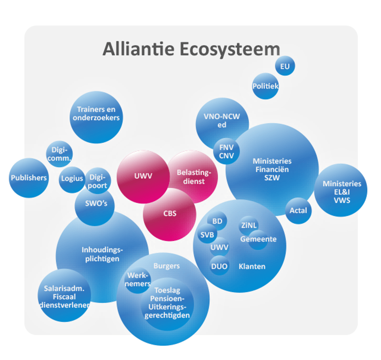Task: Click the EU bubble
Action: coord(285,67)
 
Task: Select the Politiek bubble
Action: coord(265,86)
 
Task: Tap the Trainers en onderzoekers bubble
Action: coord(96,114)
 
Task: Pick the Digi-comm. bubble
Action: coord(60,154)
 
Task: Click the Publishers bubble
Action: coord(28,178)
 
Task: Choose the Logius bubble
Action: coord(72,179)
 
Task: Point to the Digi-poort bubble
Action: coord(98,181)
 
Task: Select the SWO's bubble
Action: coord(95,204)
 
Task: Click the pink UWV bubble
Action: coord(143,176)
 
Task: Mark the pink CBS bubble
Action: coord(170,214)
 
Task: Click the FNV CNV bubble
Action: coord(226,151)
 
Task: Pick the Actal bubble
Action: coord(298,211)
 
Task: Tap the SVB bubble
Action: coord(207,235)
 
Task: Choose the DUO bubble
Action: coord(219,266)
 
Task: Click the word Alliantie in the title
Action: coord(135,49)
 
